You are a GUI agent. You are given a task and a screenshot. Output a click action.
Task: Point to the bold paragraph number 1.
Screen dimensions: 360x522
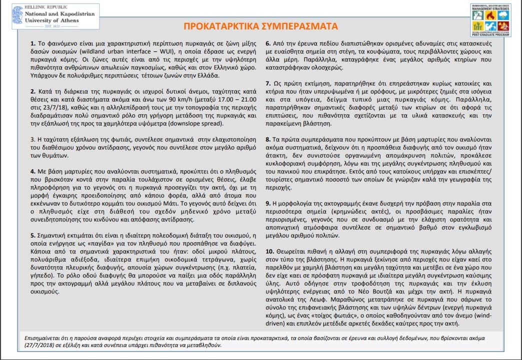(32, 43)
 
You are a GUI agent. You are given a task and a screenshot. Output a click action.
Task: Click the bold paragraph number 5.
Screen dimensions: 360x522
(32, 235)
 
